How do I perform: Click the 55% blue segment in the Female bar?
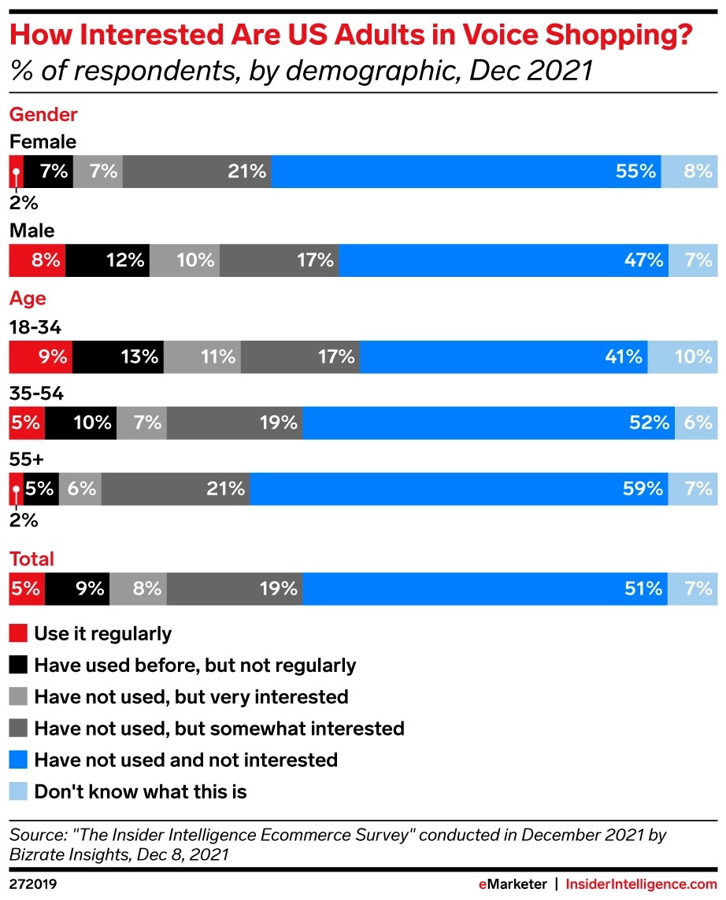click(466, 171)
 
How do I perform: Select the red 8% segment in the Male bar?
click(37, 260)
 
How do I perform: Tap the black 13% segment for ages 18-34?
click(117, 357)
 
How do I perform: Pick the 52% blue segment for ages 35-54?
click(488, 422)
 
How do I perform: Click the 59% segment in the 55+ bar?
click(459, 489)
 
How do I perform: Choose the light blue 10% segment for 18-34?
click(683, 357)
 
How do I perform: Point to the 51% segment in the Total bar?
click(485, 588)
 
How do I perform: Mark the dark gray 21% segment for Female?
click(197, 171)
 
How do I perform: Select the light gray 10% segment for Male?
click(184, 260)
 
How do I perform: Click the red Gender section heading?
click(43, 115)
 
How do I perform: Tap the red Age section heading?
click(28, 299)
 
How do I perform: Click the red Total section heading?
click(31, 559)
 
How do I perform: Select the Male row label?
click(31, 231)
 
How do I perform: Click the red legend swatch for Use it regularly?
click(18, 633)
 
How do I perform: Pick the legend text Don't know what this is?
click(140, 791)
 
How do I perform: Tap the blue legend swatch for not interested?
click(18, 760)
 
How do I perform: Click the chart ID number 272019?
click(33, 885)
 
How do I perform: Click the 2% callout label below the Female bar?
click(23, 202)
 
